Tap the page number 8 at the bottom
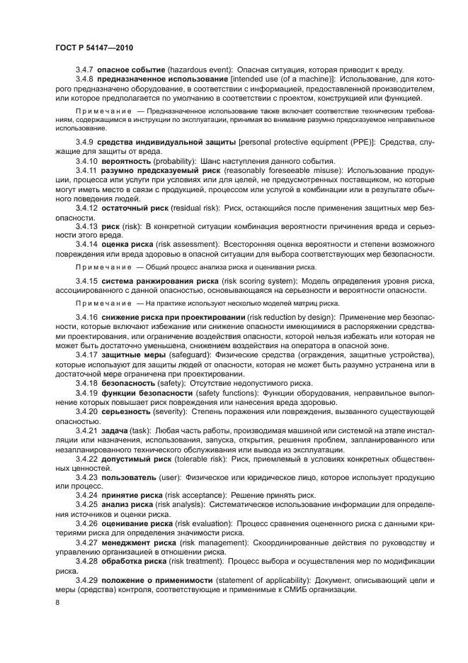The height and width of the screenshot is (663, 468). pyautogui.click(x=57, y=603)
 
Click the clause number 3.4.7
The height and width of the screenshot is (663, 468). pyautogui.click(x=85, y=70)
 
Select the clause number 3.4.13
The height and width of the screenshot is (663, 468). pyautogui.click(x=87, y=245)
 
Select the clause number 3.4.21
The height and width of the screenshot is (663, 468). pyautogui.click(x=87, y=430)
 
